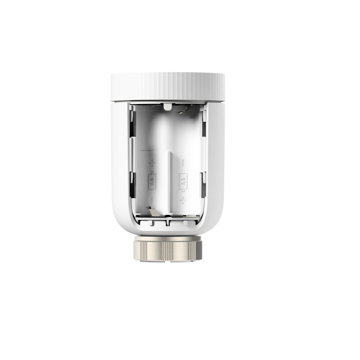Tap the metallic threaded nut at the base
(x=168, y=248)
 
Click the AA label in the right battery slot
(x=183, y=181)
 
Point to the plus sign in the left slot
(x=152, y=163)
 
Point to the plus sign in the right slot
(x=183, y=201)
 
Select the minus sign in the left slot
(x=152, y=201)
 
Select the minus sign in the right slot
(x=183, y=163)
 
